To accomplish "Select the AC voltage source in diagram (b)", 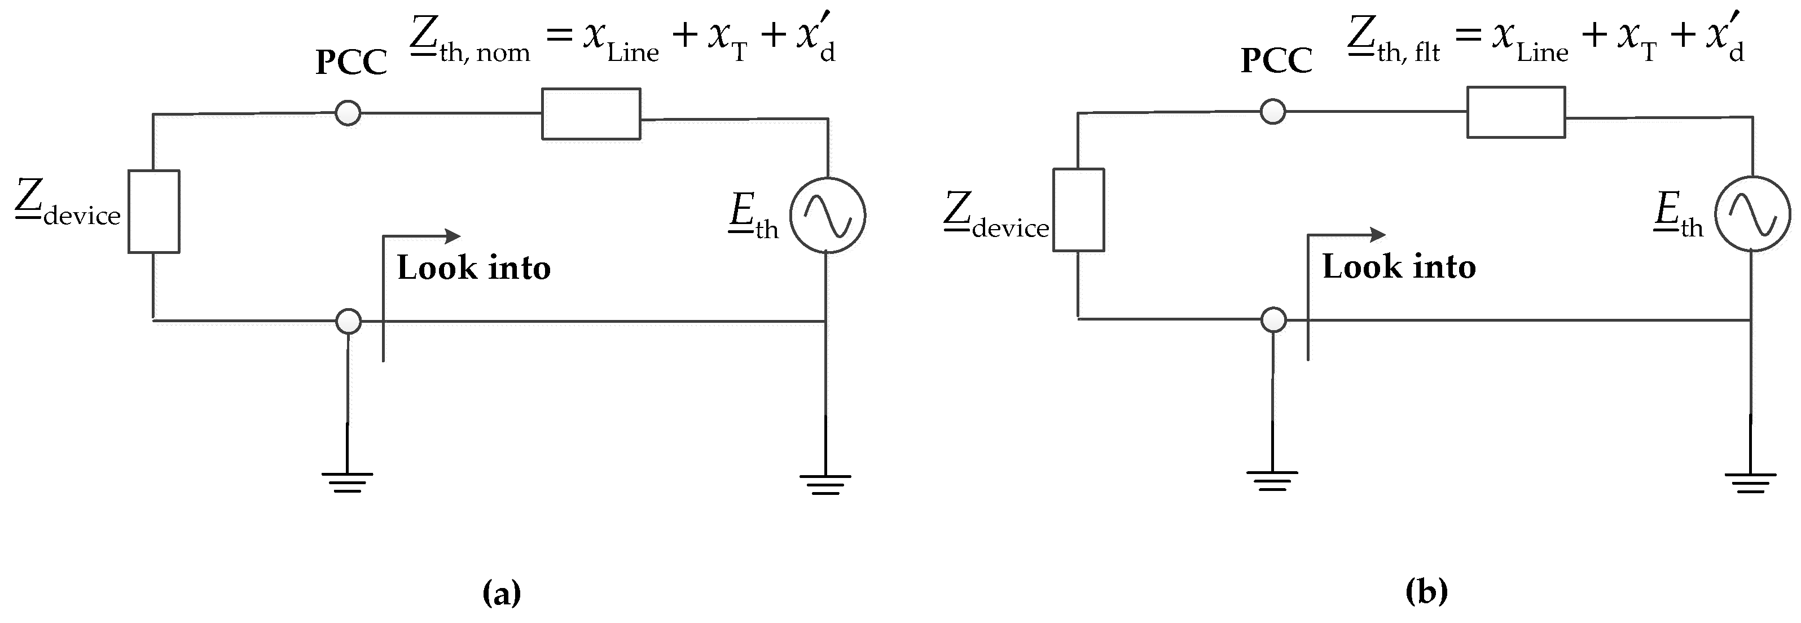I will (x=1752, y=213).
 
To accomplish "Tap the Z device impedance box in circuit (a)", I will (x=154, y=211).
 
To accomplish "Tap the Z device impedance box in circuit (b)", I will (x=1079, y=210).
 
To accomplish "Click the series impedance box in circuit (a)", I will (x=591, y=114).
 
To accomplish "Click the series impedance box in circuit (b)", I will (x=1516, y=112).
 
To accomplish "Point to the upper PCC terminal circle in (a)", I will (x=348, y=112).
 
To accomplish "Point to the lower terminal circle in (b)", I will (x=1273, y=320).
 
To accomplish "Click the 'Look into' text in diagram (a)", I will (x=474, y=268).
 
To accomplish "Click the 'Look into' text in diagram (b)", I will (x=1399, y=266).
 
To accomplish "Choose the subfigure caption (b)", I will (x=1426, y=591).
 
